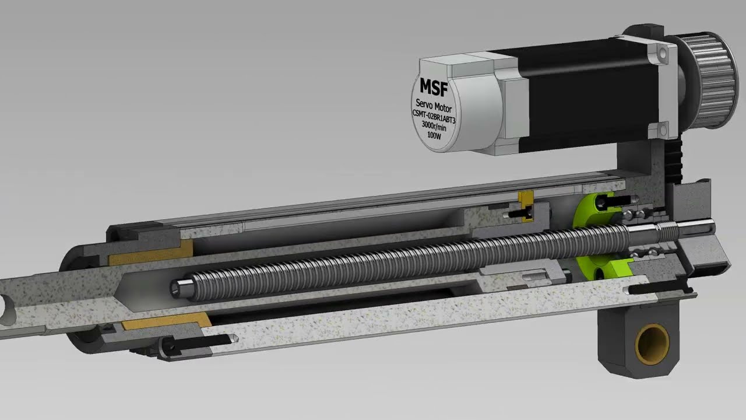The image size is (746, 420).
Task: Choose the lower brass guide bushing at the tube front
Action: click(x=169, y=320)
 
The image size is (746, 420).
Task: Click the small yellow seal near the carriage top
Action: click(x=527, y=206)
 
